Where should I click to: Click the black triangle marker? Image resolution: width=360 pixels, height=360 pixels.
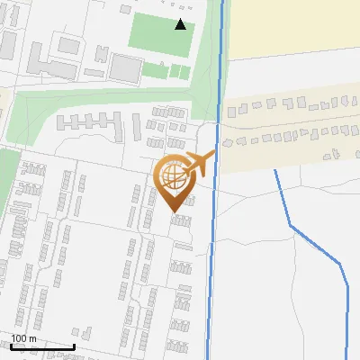(x=181, y=24)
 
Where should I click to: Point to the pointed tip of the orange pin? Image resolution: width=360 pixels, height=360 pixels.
(x=174, y=211)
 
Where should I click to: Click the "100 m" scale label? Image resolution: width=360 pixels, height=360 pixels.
(x=24, y=338)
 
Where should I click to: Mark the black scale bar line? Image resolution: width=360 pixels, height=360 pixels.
(x=43, y=346)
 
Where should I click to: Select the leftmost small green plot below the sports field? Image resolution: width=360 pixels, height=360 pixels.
(x=149, y=69)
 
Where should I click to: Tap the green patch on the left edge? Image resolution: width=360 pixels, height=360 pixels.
(x=7, y=180)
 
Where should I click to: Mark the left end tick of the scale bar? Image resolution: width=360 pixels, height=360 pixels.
(x=12, y=346)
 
